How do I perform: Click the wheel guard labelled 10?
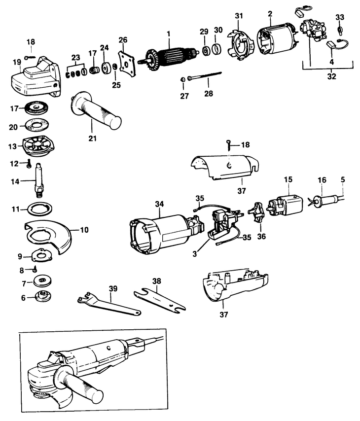point(49,237)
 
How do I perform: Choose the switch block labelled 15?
point(286,205)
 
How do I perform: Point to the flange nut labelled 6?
point(40,297)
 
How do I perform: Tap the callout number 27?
point(184,96)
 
